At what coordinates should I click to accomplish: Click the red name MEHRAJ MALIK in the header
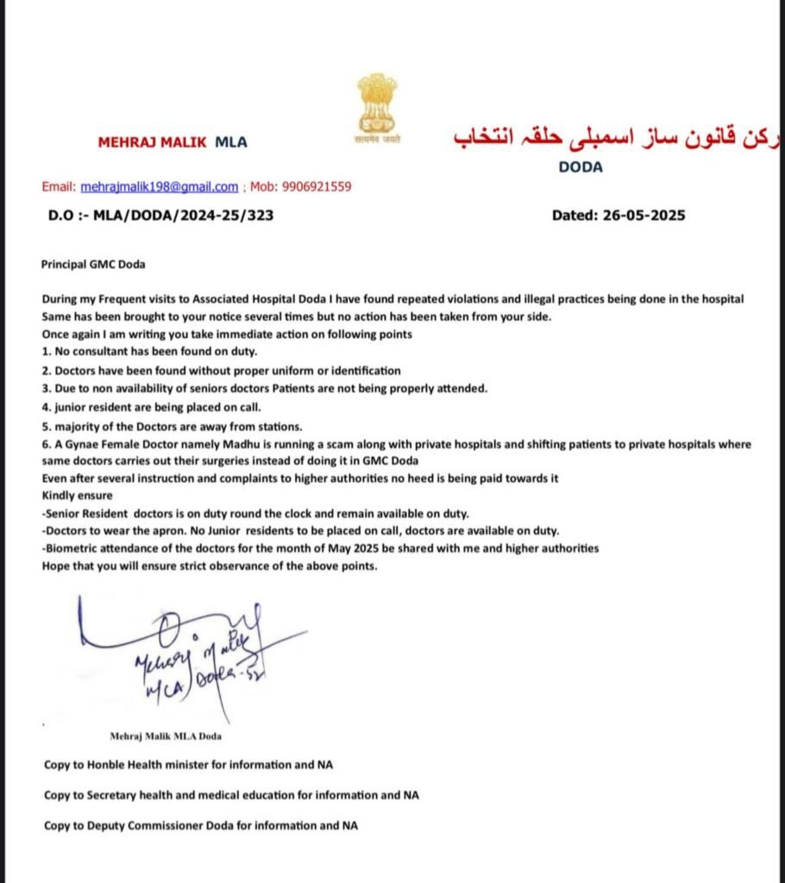point(152,142)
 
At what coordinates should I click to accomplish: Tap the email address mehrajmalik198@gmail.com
point(160,187)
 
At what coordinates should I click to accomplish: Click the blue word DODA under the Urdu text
point(581,167)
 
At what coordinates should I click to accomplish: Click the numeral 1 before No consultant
point(45,353)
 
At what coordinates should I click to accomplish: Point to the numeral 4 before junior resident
point(45,407)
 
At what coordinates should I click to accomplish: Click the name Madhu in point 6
point(205,444)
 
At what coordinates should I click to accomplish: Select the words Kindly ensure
point(77,496)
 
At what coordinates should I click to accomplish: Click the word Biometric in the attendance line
point(72,548)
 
